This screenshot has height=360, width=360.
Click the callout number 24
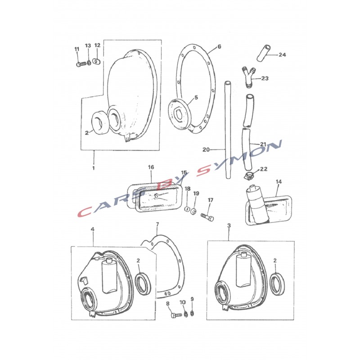[x=282, y=54]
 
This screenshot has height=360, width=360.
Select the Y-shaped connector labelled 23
[x=249, y=76]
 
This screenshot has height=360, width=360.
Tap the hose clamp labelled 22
[x=249, y=176]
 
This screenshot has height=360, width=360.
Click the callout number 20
[x=206, y=150]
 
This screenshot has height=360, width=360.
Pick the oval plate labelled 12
[x=97, y=61]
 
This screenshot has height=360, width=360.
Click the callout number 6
[x=219, y=47]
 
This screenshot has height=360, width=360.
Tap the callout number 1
[x=94, y=168]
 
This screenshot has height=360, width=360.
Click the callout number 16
[x=151, y=167]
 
